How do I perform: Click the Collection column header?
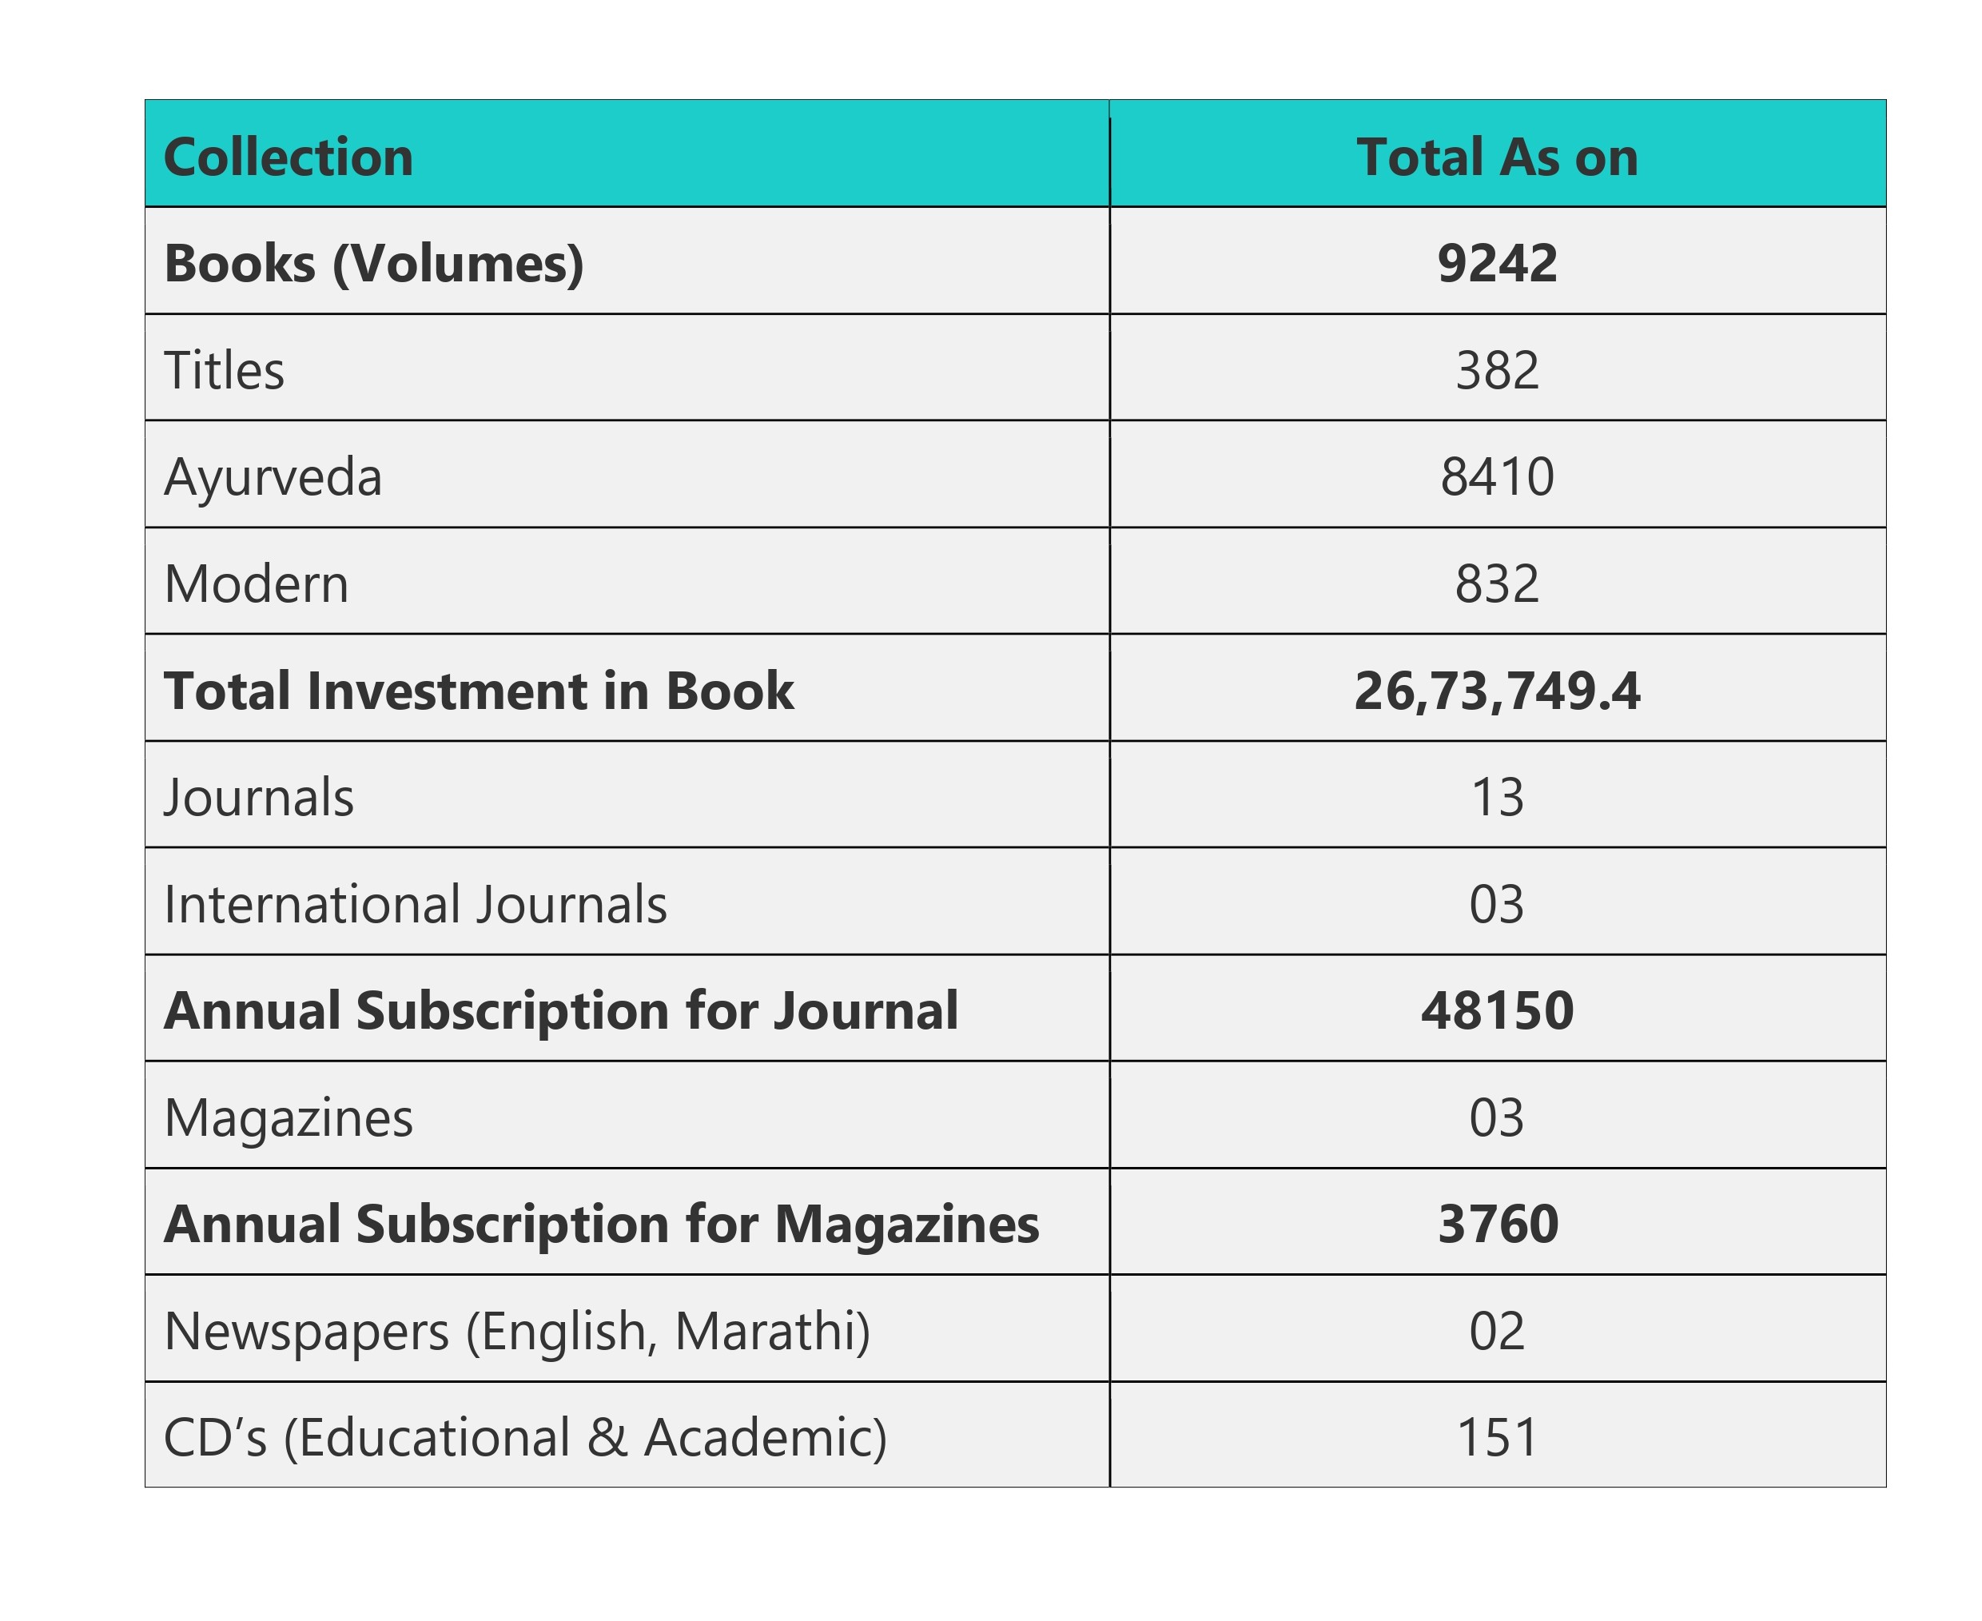coord(288,157)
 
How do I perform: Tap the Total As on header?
coord(1497,157)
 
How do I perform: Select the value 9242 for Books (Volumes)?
coord(1497,263)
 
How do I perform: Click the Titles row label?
coord(224,370)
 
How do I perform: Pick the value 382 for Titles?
coord(1497,370)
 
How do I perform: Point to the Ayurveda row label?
coord(273,477)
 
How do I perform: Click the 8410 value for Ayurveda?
coord(1497,477)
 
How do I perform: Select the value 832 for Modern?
coord(1497,583)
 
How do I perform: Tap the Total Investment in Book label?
coord(478,691)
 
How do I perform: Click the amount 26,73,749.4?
coord(1497,691)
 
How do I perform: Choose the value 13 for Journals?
coord(1497,798)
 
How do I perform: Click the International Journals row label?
coord(416,904)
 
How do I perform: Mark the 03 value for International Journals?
coord(1497,904)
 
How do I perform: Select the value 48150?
coord(1497,1010)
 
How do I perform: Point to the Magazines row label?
coord(288,1117)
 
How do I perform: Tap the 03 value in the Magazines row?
coord(1497,1117)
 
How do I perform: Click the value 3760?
coord(1497,1225)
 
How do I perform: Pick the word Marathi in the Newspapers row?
coord(771,1331)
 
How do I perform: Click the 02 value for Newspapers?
coord(1497,1331)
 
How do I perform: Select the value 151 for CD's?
coord(1497,1437)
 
